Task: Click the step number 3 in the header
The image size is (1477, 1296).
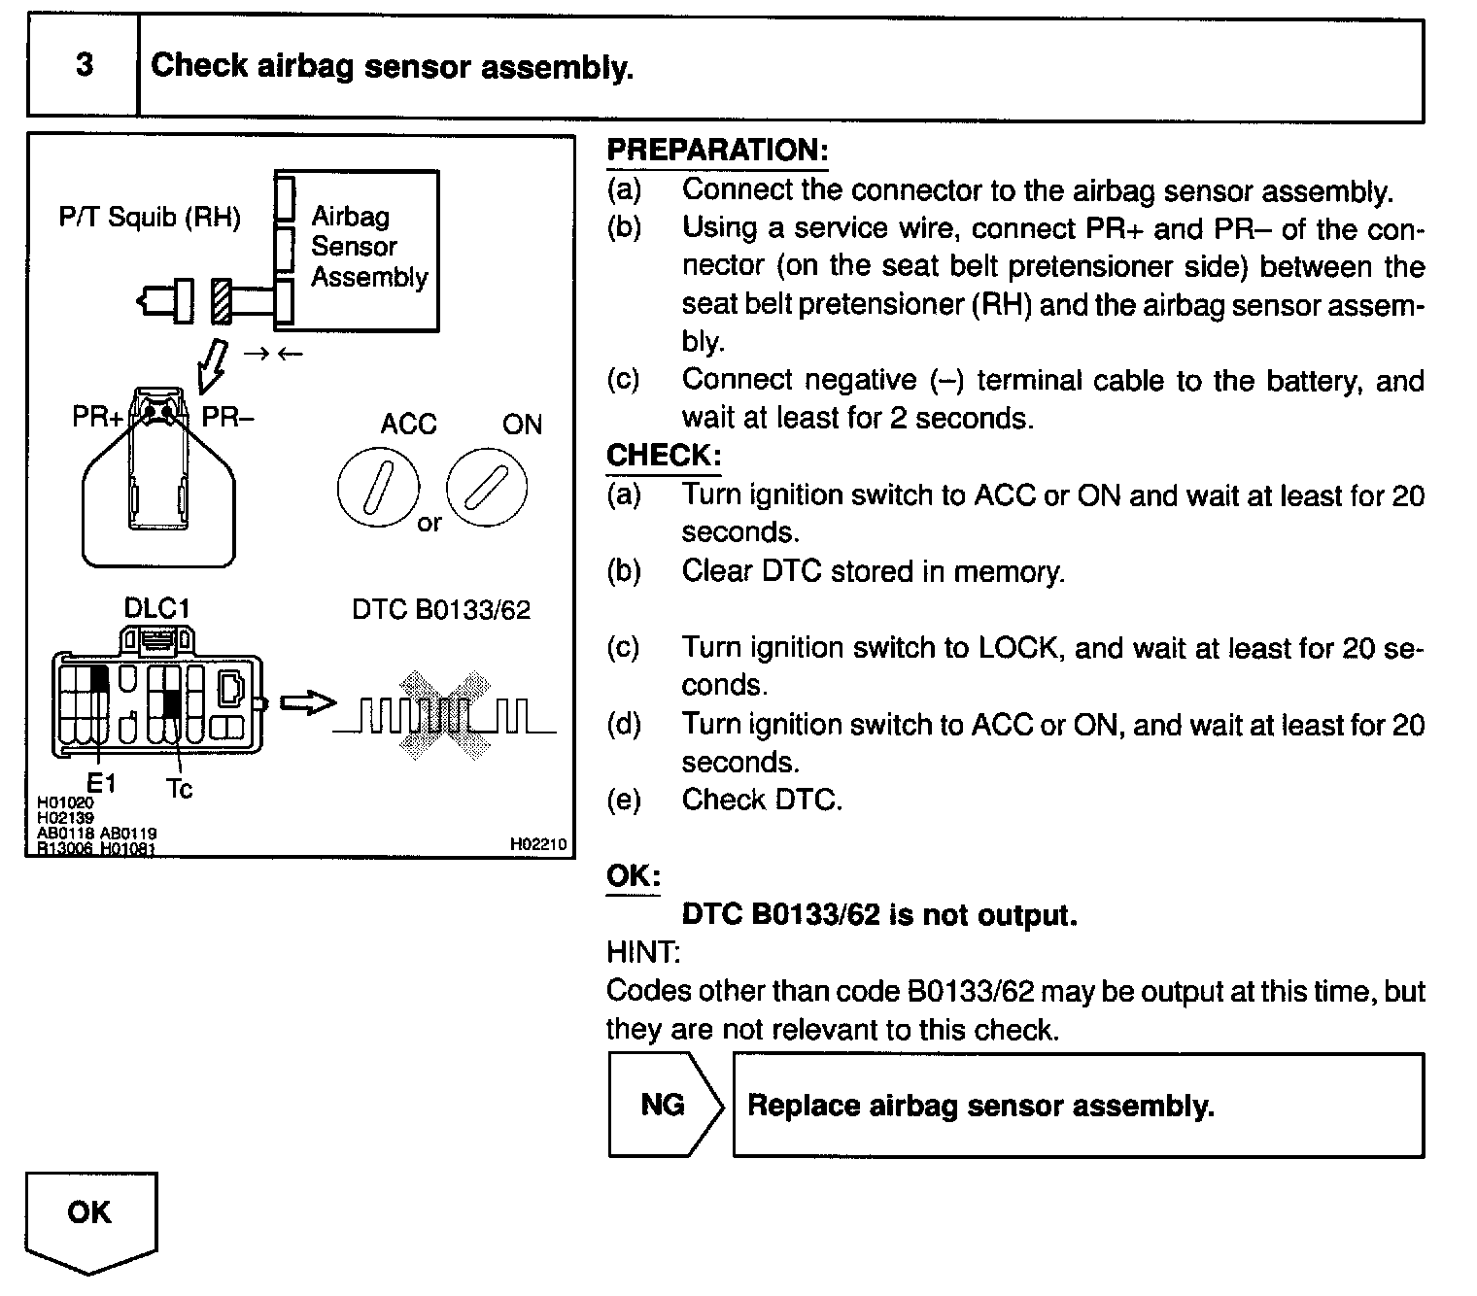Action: pyautogui.click(x=85, y=65)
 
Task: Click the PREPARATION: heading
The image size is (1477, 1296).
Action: pyautogui.click(x=717, y=151)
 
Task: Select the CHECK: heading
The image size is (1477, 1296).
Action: pyautogui.click(x=664, y=456)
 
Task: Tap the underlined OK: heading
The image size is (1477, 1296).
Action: pyautogui.click(x=633, y=876)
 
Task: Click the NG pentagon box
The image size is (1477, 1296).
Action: pyautogui.click(x=665, y=1105)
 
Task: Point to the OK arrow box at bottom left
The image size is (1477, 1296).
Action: pyautogui.click(x=90, y=1218)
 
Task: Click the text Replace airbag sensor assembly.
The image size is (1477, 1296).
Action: pyautogui.click(x=980, y=1106)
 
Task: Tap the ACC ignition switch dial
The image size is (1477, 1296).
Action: pyautogui.click(x=378, y=488)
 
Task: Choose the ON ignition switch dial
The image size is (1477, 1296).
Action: pyautogui.click(x=486, y=488)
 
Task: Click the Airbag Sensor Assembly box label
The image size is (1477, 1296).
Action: pyautogui.click(x=368, y=247)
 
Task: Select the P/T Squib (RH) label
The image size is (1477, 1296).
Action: pyautogui.click(x=150, y=217)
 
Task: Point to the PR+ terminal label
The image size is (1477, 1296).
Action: pyautogui.click(x=97, y=418)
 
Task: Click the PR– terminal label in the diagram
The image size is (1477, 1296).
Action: pyautogui.click(x=227, y=418)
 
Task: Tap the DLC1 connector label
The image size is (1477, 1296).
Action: pyautogui.click(x=156, y=608)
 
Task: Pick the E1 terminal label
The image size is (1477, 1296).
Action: pyautogui.click(x=101, y=782)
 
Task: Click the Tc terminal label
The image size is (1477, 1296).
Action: pyautogui.click(x=180, y=789)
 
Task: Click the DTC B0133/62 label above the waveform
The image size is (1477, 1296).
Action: pyautogui.click(x=441, y=610)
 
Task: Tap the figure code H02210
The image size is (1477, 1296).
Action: pyautogui.click(x=537, y=845)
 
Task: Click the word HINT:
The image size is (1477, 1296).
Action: pyautogui.click(x=642, y=952)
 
